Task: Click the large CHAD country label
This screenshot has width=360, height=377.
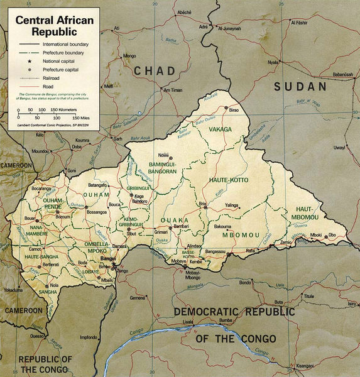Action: pos(155,71)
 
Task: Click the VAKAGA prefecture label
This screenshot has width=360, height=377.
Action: pos(221,129)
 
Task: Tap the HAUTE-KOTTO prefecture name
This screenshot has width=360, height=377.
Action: pos(227,180)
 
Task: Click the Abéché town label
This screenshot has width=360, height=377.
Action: pos(183,13)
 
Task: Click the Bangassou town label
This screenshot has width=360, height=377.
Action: pos(214,251)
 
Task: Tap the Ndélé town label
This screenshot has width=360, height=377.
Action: pos(164,155)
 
